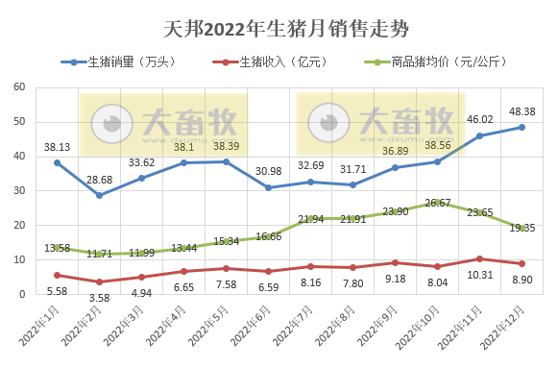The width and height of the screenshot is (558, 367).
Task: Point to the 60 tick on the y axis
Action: click(18, 87)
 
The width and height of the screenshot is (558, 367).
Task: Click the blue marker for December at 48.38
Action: click(522, 127)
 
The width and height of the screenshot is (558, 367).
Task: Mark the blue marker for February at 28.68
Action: click(99, 195)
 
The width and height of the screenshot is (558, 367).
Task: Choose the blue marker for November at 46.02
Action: click(479, 135)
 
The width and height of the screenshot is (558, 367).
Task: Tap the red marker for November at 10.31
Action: click(479, 258)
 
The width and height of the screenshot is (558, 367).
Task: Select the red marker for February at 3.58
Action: click(99, 281)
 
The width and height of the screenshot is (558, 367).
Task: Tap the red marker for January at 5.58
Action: click(57, 275)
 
